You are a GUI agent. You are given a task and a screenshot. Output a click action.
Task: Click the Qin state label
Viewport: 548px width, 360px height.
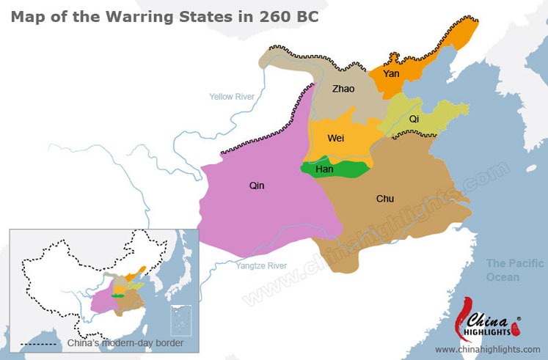pyautogui.click(x=257, y=186)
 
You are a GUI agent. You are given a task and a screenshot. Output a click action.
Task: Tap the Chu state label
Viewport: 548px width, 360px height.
pyautogui.click(x=384, y=199)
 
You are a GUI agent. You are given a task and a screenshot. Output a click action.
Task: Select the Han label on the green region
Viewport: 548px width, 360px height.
pyautogui.click(x=324, y=169)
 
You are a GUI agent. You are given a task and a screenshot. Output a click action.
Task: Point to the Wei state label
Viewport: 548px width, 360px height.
pyautogui.click(x=336, y=138)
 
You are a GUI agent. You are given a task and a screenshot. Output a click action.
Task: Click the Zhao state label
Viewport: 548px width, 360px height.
pyautogui.click(x=343, y=89)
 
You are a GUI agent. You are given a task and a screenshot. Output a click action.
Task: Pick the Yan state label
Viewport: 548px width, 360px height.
pyautogui.click(x=391, y=73)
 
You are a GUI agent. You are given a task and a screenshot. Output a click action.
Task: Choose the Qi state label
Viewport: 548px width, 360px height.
pyautogui.click(x=414, y=118)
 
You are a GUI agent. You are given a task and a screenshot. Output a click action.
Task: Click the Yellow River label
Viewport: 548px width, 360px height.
pyautogui.click(x=235, y=97)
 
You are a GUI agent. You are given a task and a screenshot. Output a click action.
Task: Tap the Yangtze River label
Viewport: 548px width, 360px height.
pyautogui.click(x=261, y=265)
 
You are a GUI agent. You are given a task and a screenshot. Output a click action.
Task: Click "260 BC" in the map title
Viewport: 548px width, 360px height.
pyautogui.click(x=289, y=16)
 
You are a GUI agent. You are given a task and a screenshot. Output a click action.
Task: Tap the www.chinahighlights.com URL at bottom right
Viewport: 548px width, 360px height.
pyautogui.click(x=492, y=350)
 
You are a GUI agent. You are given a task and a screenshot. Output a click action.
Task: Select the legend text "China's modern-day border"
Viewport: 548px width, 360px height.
pyautogui.click(x=125, y=343)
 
